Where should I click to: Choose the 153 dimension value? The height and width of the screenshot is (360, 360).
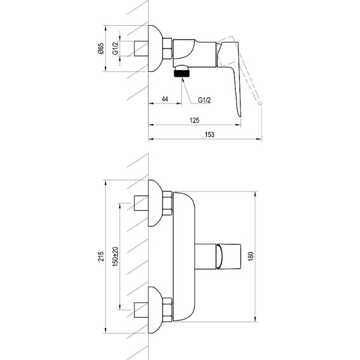(x=210, y=134)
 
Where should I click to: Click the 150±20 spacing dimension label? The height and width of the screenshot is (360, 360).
(x=115, y=257)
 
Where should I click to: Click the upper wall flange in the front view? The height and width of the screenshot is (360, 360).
(x=157, y=205)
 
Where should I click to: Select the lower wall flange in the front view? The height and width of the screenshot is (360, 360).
(x=157, y=309)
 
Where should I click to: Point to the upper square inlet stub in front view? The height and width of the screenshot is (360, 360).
(x=142, y=205)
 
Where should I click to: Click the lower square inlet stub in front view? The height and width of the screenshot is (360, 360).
(x=142, y=310)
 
